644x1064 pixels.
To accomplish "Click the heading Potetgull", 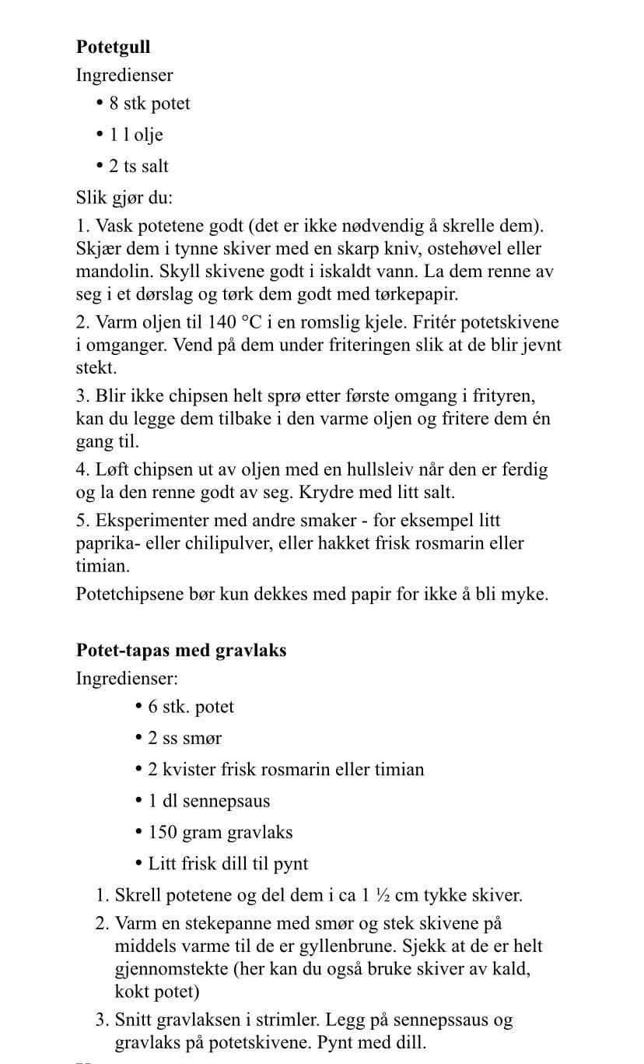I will [x=113, y=47].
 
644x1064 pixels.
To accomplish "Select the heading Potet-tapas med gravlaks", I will [x=181, y=650].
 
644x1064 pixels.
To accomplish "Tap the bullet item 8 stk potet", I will [x=149, y=104].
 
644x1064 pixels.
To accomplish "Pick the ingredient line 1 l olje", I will [x=136, y=135].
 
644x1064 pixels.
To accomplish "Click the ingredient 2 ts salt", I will [x=138, y=166].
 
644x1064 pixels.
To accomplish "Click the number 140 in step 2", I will [x=225, y=321].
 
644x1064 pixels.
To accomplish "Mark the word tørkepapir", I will [x=418, y=295].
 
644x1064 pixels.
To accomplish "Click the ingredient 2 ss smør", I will [x=184, y=738].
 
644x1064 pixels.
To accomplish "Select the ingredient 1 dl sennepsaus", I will [x=208, y=800].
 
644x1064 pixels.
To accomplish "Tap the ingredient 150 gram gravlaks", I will [x=220, y=832].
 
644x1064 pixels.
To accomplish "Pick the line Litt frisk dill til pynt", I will [x=228, y=863].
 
